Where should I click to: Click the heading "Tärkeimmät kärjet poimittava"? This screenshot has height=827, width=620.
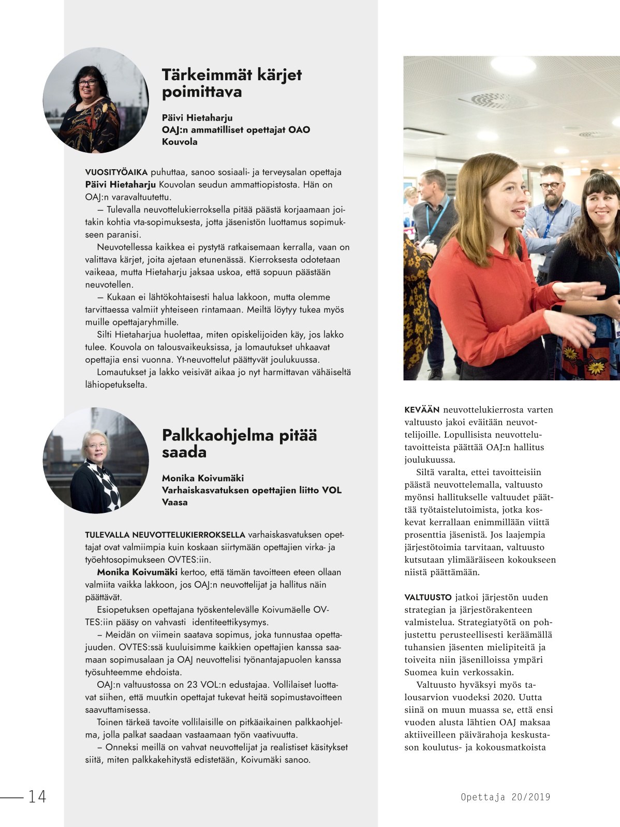[231, 83]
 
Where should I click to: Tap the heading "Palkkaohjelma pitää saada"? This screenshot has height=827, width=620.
[239, 443]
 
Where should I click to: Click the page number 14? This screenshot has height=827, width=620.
[37, 796]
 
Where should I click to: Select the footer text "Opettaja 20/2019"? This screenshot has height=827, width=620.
[505, 797]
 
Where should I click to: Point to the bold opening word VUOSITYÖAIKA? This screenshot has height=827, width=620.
[116, 172]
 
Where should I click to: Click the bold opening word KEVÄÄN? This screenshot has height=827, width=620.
[421, 410]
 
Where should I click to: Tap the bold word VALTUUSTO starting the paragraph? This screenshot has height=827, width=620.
[428, 597]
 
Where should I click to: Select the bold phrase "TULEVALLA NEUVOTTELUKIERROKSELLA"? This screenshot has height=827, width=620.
[165, 535]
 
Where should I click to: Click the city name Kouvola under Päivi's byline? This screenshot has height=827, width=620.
[180, 142]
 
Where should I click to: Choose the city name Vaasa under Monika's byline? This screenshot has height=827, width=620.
[174, 502]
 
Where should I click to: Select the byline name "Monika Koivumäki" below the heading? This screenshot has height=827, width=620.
[202, 478]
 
